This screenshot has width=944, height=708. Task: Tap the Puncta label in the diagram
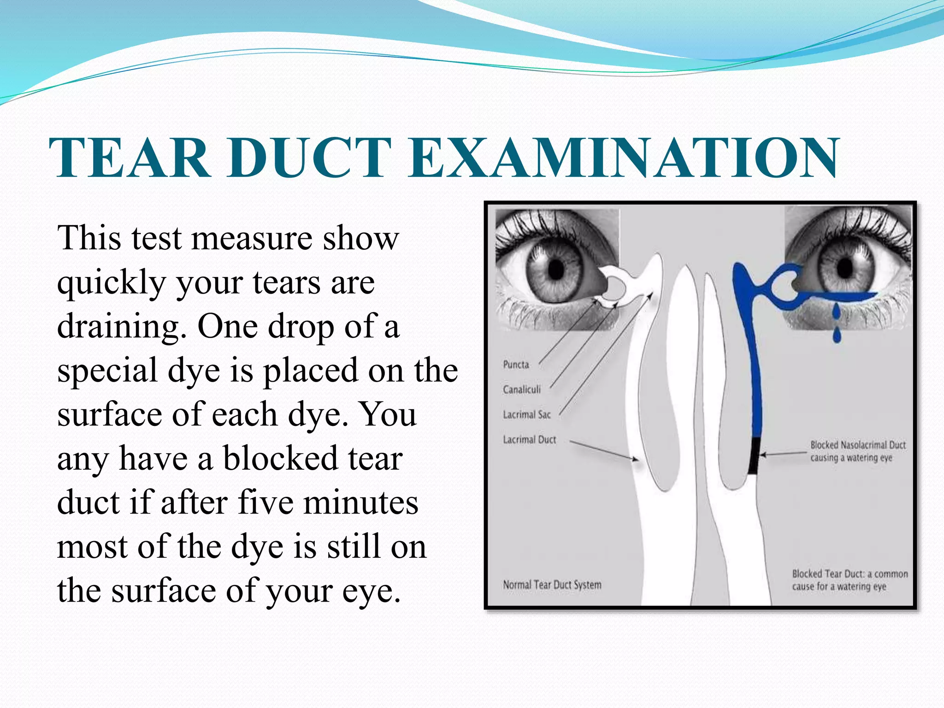tap(516, 365)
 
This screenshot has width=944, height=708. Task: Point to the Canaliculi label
tap(522, 389)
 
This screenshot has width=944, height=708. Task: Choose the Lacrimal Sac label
tap(526, 414)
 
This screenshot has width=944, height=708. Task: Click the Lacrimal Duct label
tap(529, 439)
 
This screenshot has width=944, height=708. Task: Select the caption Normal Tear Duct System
tap(552, 584)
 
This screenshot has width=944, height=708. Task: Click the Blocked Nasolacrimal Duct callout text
tap(857, 451)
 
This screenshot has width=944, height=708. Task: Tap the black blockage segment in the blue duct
tap(753, 456)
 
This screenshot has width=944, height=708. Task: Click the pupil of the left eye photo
tap(557, 268)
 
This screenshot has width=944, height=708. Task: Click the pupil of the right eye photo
tap(846, 267)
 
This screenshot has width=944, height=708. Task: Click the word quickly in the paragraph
tap(111, 283)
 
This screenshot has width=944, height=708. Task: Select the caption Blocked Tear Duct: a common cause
tap(849, 580)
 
